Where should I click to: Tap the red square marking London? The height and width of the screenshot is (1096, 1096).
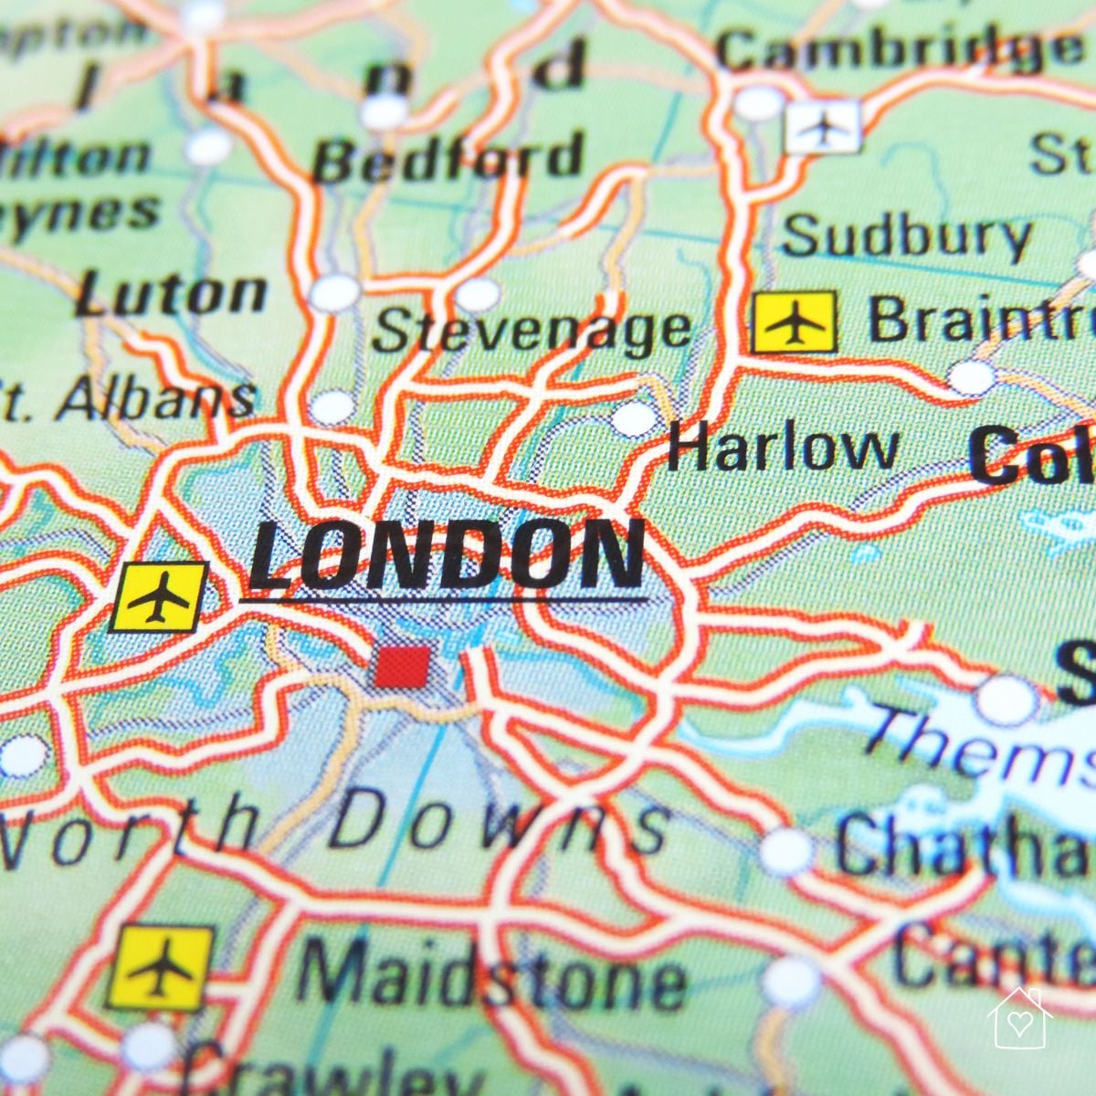pyautogui.click(x=402, y=666)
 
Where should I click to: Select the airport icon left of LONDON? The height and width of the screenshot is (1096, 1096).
pyautogui.click(x=158, y=597)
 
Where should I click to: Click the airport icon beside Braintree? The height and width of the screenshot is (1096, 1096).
pyautogui.click(x=794, y=322)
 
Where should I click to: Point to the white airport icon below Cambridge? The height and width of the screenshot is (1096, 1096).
pyautogui.click(x=823, y=127)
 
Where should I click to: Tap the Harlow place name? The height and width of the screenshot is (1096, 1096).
pyautogui.click(x=782, y=448)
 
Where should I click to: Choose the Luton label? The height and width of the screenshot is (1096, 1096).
pyautogui.click(x=172, y=294)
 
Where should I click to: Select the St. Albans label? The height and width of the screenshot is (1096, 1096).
pyautogui.click(x=128, y=398)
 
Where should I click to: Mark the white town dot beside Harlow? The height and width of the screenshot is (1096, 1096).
pyautogui.click(x=634, y=418)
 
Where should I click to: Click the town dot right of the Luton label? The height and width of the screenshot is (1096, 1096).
pyautogui.click(x=335, y=294)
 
